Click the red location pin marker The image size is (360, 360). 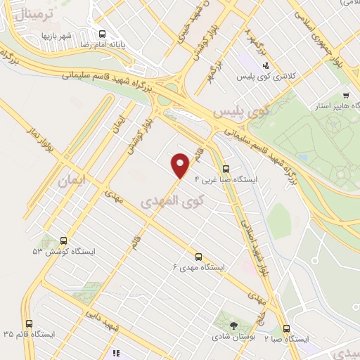pos(181,165)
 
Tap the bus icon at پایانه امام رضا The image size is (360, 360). pos(102,33)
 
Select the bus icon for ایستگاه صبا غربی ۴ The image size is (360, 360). pos(226,169)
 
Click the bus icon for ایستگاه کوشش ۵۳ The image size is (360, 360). pos(64,240)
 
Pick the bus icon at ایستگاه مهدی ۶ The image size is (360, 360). pos(198,257)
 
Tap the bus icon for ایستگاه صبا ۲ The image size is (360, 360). pos(286,328)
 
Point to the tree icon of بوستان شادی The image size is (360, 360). pos(233,324)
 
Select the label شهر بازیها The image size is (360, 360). pos(56,35)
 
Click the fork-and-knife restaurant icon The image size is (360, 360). pos(116,353)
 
